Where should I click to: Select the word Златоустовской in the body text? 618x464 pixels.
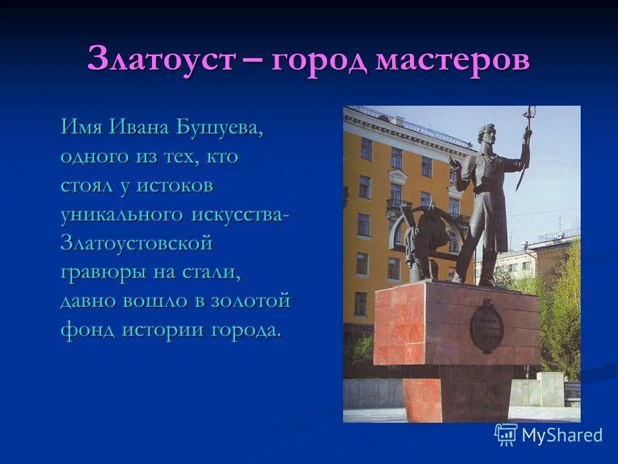(136, 244)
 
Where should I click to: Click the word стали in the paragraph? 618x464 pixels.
(214, 273)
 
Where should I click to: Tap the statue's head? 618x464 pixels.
(485, 136)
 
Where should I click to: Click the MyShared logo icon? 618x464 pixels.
(506, 434)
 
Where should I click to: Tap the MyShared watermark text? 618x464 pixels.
(561, 435)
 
